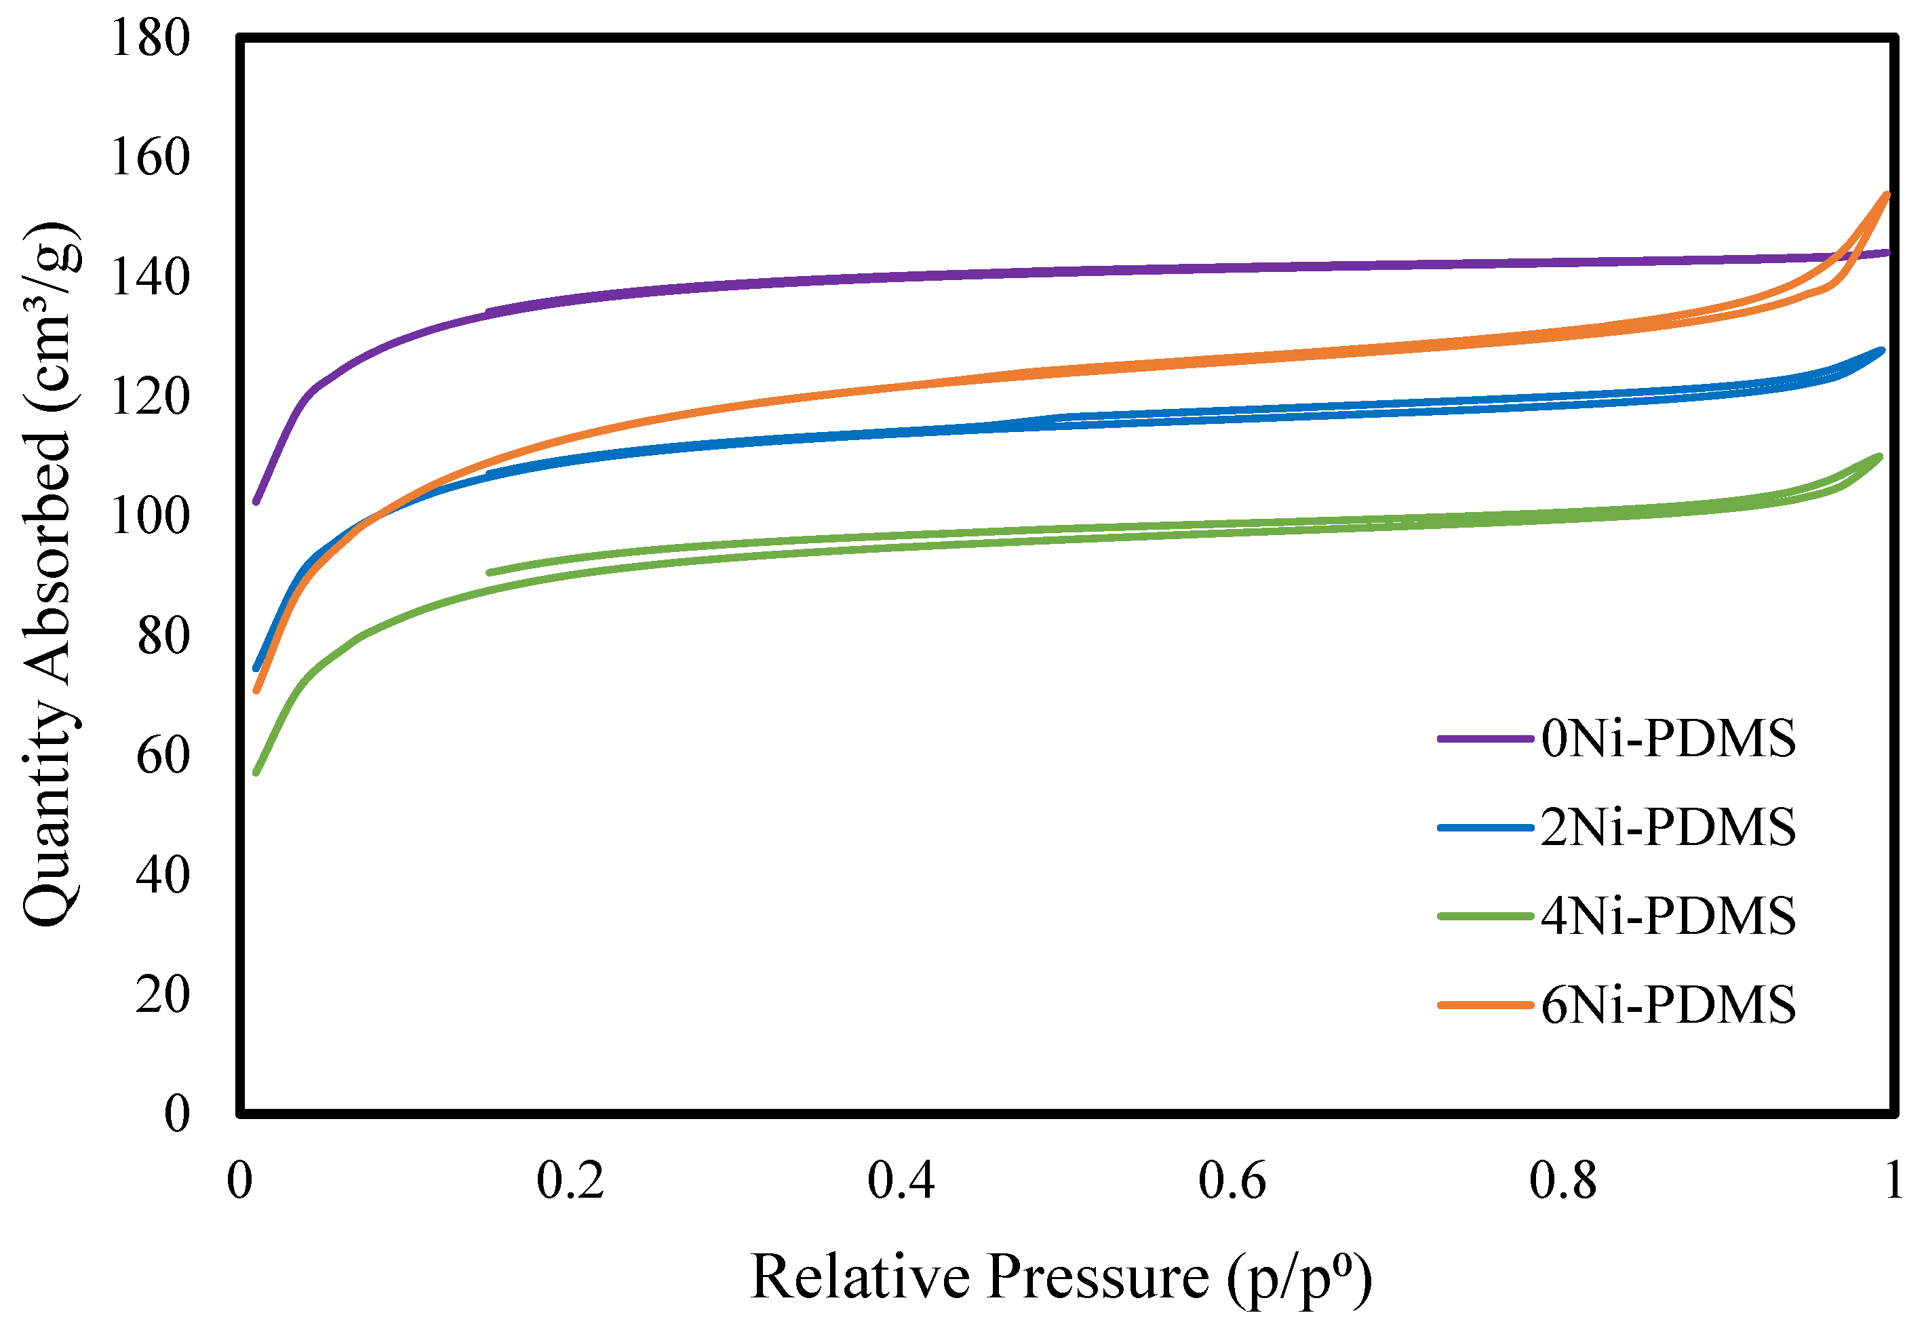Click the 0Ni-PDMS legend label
click(1668, 739)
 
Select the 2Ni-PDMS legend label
click(1668, 827)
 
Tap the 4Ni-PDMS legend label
click(1668, 916)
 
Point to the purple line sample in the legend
click(1485, 739)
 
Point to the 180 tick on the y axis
click(150, 39)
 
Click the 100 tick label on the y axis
click(150, 517)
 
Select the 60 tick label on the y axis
click(163, 756)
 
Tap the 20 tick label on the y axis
click(163, 995)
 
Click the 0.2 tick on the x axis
click(570, 1181)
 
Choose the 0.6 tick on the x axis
click(1232, 1181)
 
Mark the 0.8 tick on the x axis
click(1563, 1181)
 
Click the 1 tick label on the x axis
click(1893, 1181)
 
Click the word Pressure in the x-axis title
click(1098, 1278)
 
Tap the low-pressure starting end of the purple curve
click(256, 502)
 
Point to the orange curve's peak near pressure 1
click(1886, 195)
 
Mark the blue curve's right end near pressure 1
click(1882, 351)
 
